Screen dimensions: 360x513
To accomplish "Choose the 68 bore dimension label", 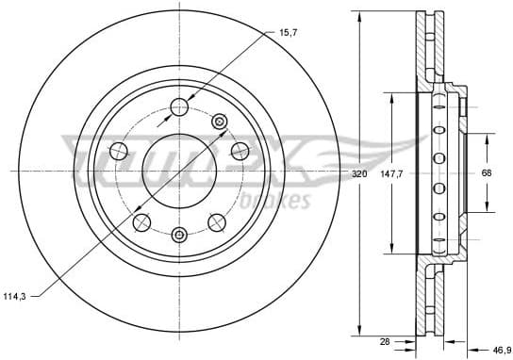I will (x=487, y=173).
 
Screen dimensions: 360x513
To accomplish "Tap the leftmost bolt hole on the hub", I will (x=118, y=151).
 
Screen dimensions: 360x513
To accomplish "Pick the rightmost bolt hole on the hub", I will (x=240, y=151).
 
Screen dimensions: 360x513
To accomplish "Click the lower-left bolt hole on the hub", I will (x=141, y=222).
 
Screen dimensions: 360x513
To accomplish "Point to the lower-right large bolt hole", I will (x=217, y=222).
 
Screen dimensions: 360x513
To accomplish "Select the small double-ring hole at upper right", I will (x=220, y=121).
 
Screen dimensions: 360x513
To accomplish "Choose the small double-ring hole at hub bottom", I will (x=179, y=234).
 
